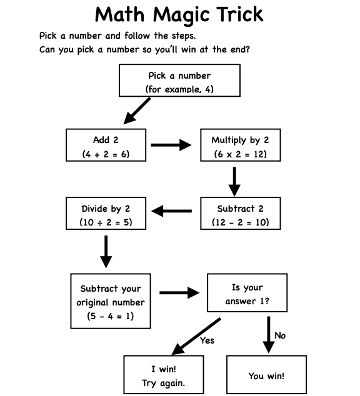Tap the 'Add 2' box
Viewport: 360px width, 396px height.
coord(106,145)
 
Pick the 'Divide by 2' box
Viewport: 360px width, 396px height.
coord(106,214)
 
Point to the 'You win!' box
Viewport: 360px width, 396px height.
coord(266,375)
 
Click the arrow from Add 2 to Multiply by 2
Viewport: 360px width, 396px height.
coord(170,146)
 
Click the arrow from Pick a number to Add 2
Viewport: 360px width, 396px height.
coord(137,111)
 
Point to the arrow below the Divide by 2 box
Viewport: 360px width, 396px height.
coord(106,249)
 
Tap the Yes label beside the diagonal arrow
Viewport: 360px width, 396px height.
coord(207,340)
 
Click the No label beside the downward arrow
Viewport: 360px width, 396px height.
coord(280,335)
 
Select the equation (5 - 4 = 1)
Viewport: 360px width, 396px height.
coord(110,316)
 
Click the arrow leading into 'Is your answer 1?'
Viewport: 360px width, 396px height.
coord(179,292)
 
